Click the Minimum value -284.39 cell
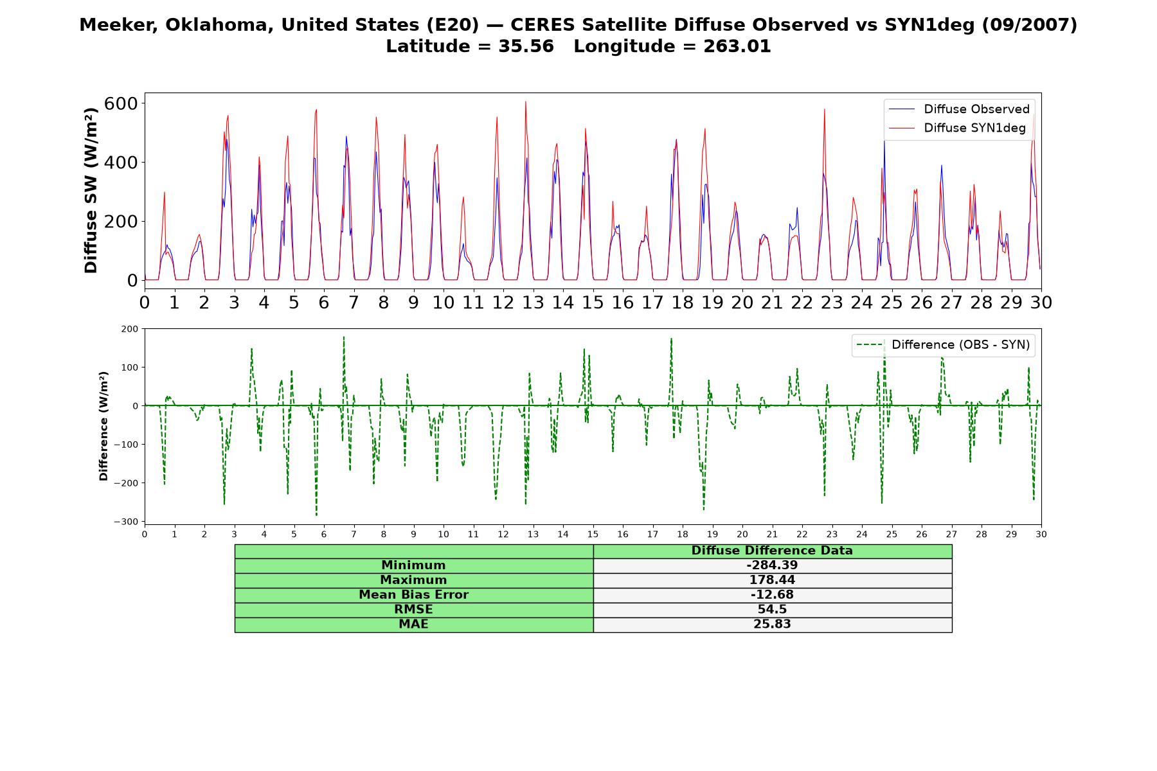click(772, 565)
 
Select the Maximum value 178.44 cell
click(772, 580)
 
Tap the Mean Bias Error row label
click(413, 595)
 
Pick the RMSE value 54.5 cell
click(772, 610)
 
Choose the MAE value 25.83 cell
click(772, 625)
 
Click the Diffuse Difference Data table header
click(772, 551)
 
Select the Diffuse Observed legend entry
click(959, 109)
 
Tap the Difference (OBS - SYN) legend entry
click(944, 345)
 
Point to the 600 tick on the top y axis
click(124, 103)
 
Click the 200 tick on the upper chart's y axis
click(124, 222)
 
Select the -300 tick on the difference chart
click(126, 522)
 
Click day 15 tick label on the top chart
click(593, 303)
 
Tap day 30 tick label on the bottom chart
click(1041, 534)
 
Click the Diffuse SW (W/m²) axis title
click(91, 190)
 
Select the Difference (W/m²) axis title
click(103, 426)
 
